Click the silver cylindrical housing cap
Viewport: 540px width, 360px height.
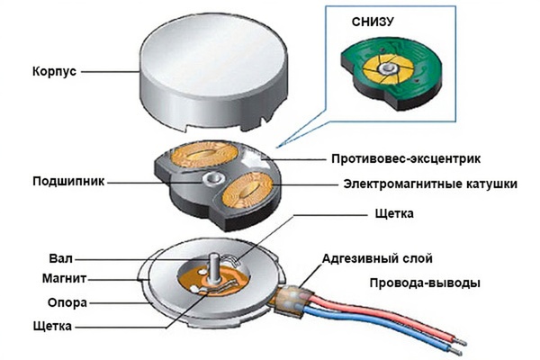pos(208,72)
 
